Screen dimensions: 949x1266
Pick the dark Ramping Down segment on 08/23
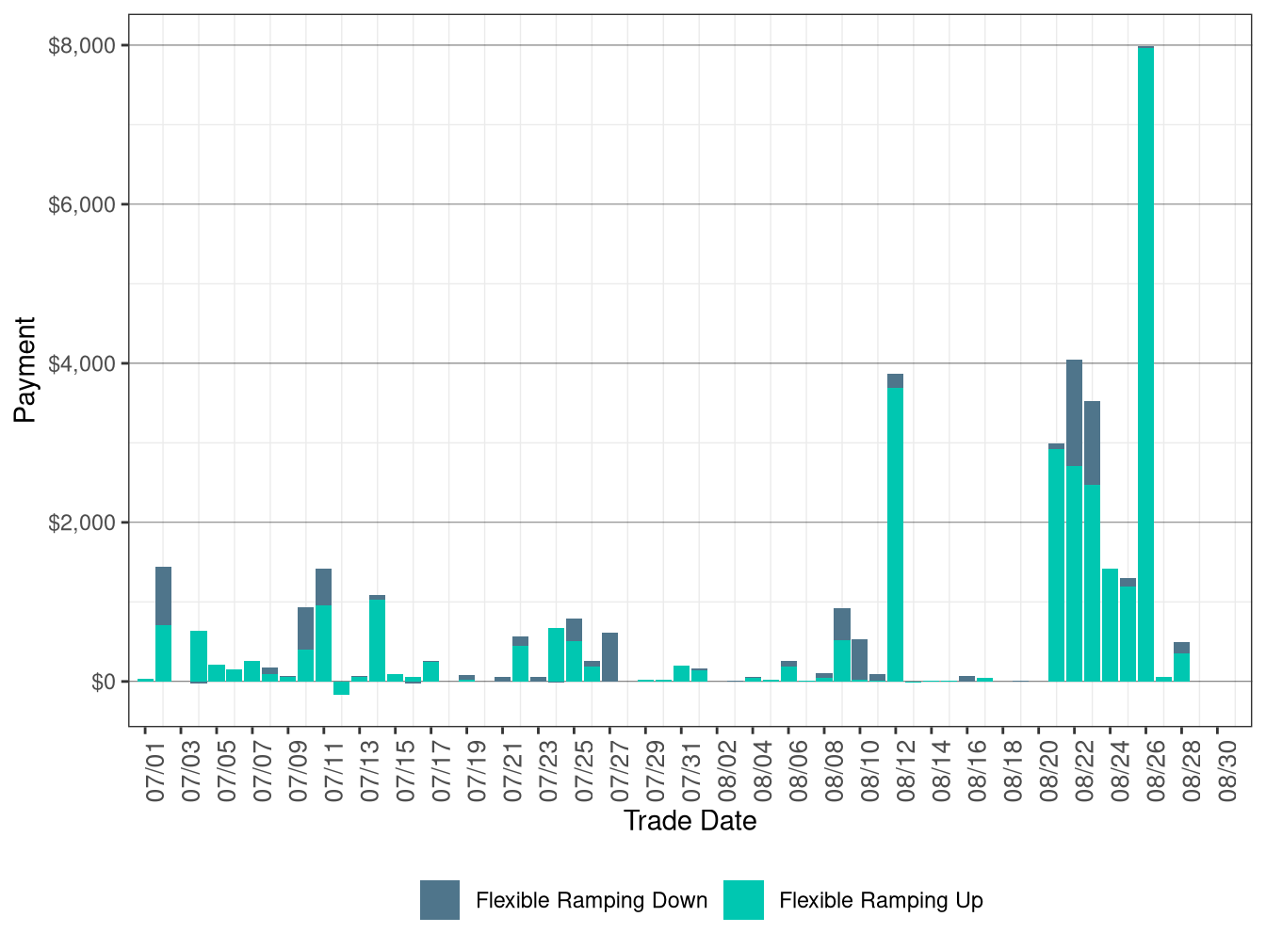point(1092,442)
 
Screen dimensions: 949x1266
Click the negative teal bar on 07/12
point(341,687)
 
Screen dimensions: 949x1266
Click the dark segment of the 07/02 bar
point(163,595)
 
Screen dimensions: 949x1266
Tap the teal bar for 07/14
point(377,640)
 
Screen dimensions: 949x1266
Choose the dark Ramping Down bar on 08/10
point(859,659)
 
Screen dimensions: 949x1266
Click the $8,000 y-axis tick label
point(81,45)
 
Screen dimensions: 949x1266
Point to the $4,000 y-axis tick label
point(81,363)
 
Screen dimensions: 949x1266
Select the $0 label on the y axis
point(103,682)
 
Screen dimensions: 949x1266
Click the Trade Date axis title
point(690,821)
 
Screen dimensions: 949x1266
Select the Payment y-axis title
point(24,369)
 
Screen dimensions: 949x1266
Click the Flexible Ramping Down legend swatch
point(440,900)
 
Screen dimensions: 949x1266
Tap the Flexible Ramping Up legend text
point(881,900)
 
